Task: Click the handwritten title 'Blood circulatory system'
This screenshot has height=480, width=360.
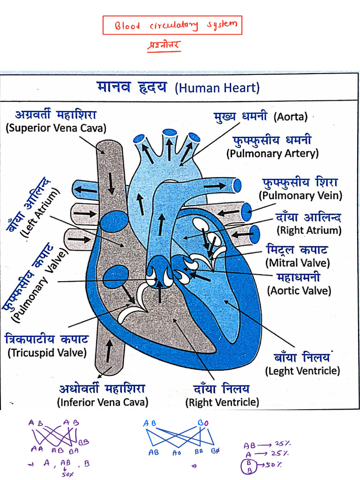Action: coord(172,25)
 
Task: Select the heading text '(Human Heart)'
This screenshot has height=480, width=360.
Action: coord(217,88)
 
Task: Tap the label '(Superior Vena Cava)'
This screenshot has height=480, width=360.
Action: coord(56,128)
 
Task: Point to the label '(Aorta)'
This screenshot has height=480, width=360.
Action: coord(291,116)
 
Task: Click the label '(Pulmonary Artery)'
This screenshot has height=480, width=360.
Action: coord(272,153)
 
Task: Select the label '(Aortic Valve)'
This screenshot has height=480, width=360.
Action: coord(299,291)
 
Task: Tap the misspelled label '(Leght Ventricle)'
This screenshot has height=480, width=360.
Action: coord(302,371)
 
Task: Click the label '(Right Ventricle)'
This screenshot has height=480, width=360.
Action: coord(222,402)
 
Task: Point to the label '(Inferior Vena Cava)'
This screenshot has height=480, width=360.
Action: coord(102,402)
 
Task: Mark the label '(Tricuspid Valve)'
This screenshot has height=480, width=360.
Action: coord(47,352)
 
